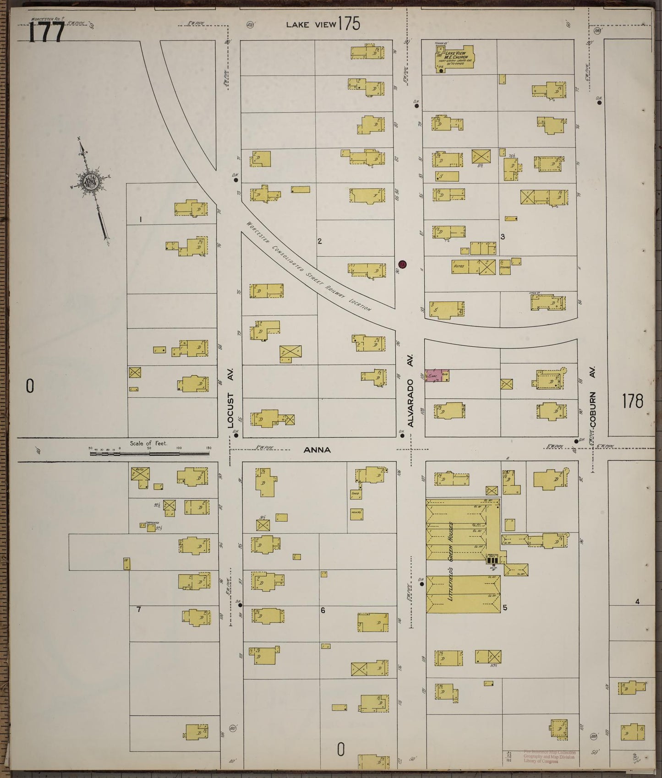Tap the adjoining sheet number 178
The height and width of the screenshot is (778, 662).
coord(633,401)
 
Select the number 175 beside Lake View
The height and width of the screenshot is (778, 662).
coord(349,24)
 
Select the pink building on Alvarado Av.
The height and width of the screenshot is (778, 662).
coord(437,376)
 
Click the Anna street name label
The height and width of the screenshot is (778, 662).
coord(317,450)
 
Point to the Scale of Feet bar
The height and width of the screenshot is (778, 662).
coord(149,454)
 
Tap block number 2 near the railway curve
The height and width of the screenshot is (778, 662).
coord(320,241)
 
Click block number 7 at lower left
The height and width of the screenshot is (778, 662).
coord(139,609)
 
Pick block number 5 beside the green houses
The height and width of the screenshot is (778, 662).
coord(505,608)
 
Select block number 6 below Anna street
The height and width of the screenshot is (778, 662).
coord(323,610)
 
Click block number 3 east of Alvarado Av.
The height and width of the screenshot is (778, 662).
coord(503,236)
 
